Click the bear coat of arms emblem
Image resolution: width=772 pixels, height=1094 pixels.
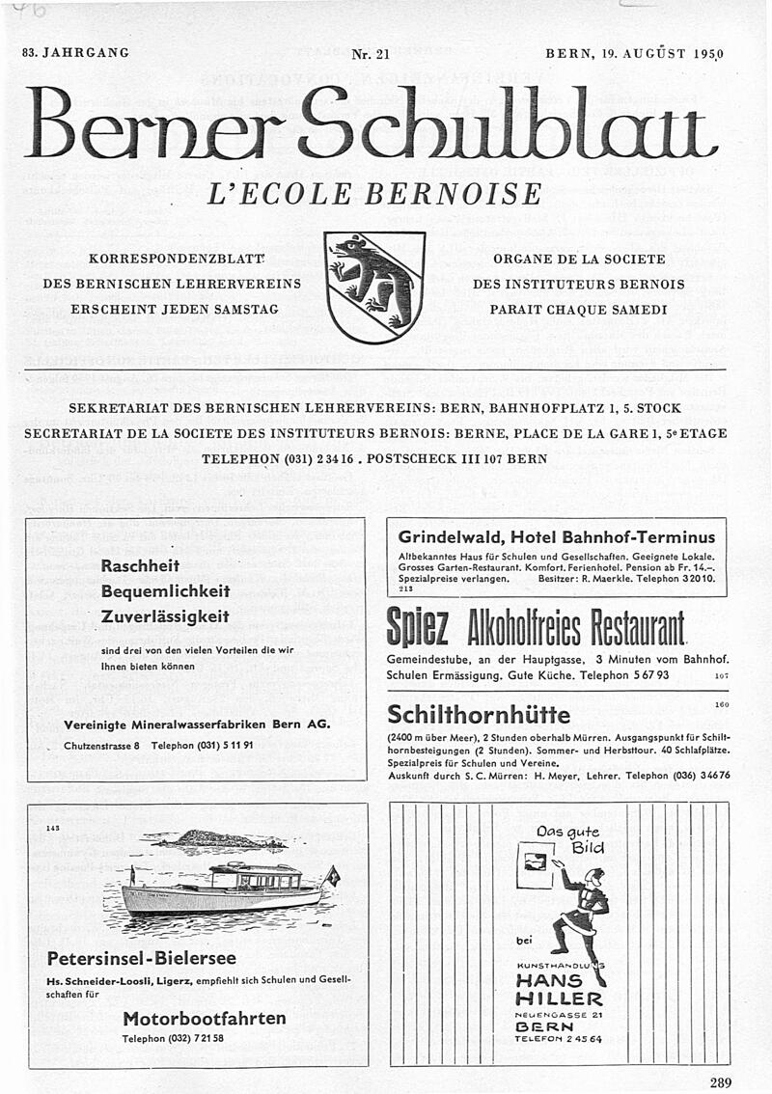[x=375, y=287]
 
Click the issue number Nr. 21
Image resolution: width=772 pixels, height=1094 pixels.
[x=371, y=54]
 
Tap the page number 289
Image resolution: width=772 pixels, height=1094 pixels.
[x=720, y=1081]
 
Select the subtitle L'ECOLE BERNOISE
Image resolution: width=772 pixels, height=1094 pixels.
[x=375, y=194]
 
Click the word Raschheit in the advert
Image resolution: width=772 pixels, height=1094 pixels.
[x=142, y=566]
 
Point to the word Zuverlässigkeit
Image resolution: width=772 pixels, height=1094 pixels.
[x=164, y=615]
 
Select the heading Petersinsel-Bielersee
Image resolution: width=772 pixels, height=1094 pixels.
[x=141, y=958]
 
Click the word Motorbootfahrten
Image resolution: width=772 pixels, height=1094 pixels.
[x=205, y=1018]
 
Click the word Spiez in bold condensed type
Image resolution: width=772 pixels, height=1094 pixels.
[x=416, y=629]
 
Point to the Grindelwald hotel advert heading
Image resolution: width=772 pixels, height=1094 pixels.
[x=557, y=536]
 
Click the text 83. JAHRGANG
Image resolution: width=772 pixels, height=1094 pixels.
[x=75, y=52]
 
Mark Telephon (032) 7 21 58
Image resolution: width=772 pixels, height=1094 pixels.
[x=173, y=1038]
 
